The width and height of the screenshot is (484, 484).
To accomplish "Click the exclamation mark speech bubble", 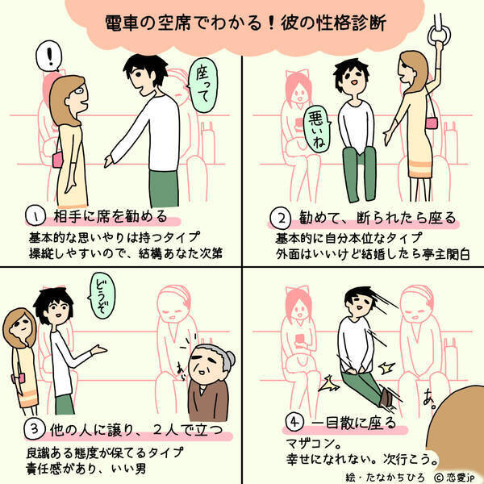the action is [x=48, y=56].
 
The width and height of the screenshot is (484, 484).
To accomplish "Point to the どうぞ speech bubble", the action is [x=102, y=295].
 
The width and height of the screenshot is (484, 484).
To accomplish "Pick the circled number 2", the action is [x=280, y=218].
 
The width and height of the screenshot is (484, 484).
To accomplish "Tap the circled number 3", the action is [x=35, y=429].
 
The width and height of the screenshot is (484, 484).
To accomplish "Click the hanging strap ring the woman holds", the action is [x=439, y=35].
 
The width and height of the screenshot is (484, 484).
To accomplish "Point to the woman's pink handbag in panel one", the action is [x=58, y=161].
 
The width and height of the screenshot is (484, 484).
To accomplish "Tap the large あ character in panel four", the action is [x=429, y=398].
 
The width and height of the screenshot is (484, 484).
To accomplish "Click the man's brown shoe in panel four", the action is [x=386, y=398].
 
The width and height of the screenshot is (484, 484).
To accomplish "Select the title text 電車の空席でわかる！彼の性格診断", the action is [x=245, y=23].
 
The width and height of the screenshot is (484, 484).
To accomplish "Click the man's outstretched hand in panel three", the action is [x=99, y=350].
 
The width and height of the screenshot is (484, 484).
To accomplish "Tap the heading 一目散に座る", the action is [x=353, y=422].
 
